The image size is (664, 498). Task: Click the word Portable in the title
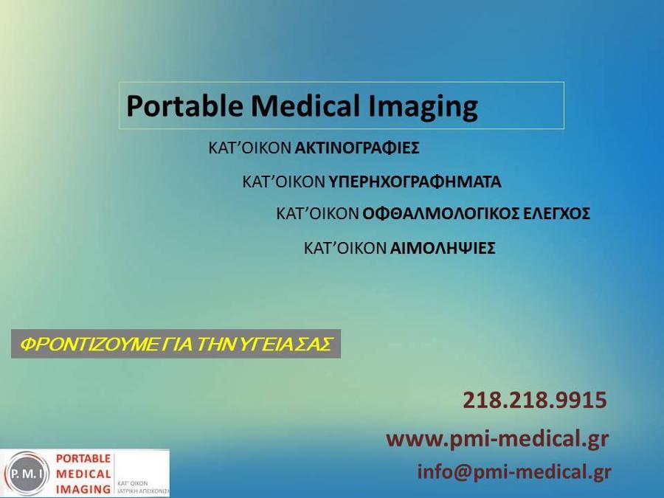(x=184, y=106)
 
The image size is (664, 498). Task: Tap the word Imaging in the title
(x=422, y=107)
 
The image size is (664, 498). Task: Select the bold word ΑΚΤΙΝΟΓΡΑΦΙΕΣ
(x=357, y=148)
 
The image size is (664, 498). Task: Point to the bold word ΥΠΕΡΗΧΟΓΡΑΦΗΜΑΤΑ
(x=415, y=182)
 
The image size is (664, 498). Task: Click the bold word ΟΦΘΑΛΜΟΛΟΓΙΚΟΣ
(x=440, y=213)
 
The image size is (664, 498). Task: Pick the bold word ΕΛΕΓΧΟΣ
(x=557, y=213)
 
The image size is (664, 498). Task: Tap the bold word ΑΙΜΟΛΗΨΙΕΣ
(x=443, y=248)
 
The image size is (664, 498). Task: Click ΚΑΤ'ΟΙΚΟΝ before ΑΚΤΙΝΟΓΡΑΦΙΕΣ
(x=250, y=148)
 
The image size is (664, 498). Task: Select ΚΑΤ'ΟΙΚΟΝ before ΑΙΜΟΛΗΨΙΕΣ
(x=345, y=248)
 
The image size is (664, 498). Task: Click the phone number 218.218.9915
(x=535, y=400)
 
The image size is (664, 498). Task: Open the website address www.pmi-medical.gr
(x=497, y=439)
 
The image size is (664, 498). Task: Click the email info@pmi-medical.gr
(x=514, y=471)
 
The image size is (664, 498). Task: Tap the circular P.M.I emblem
(x=27, y=474)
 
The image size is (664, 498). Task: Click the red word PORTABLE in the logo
(x=83, y=459)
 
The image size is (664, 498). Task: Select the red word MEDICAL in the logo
(x=83, y=474)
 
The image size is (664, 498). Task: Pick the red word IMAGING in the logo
(x=83, y=489)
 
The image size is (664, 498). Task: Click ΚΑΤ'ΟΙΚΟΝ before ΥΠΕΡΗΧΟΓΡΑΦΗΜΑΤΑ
(x=284, y=182)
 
